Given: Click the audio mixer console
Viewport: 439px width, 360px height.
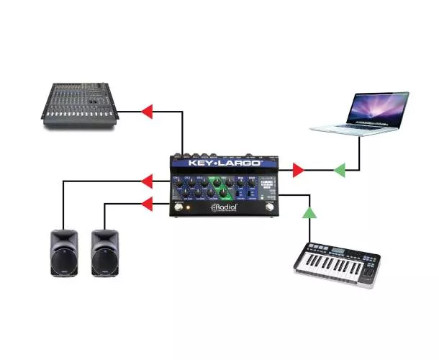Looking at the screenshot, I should pyautogui.click(x=81, y=107).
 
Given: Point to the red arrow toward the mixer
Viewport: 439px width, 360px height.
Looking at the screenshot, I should pyautogui.click(x=147, y=111).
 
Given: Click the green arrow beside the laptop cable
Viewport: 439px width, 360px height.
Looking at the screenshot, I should pyautogui.click(x=339, y=170).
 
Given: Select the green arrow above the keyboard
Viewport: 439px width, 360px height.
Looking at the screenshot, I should pyautogui.click(x=309, y=212).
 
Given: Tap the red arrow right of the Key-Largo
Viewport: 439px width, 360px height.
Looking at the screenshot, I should pyautogui.click(x=297, y=170).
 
